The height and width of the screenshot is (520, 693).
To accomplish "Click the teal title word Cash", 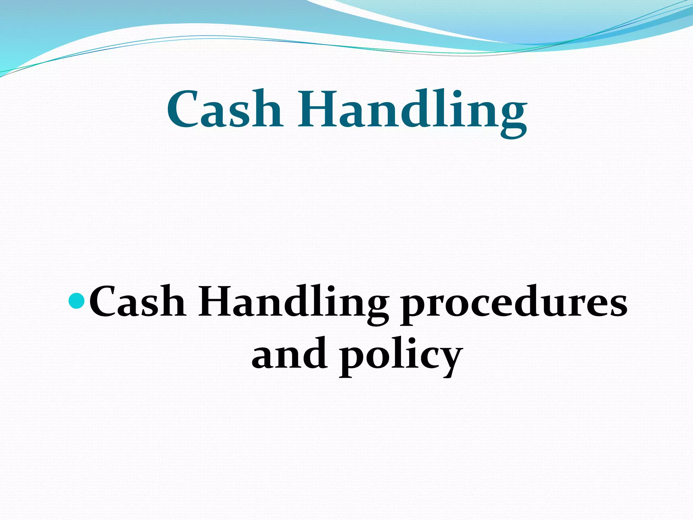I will pos(225,109).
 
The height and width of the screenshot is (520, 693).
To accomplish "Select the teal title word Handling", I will pos(412,112).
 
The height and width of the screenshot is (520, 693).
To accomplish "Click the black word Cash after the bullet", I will pos(137,301).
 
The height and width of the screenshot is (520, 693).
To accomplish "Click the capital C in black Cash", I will pos(103,301).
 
